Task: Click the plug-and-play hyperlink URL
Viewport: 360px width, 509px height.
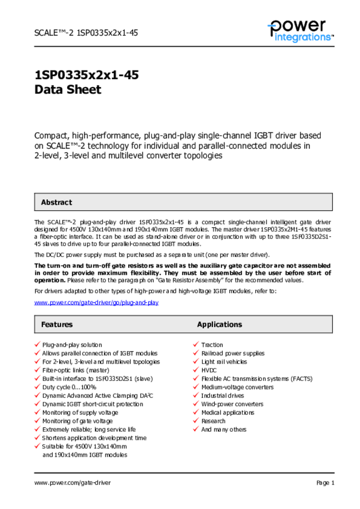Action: click(x=96, y=302)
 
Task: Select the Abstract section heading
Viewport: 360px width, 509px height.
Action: click(x=56, y=202)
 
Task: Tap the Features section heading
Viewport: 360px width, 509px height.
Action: click(x=57, y=325)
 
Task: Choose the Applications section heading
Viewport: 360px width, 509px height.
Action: click(x=219, y=325)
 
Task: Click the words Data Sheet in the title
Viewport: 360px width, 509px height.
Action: click(x=68, y=90)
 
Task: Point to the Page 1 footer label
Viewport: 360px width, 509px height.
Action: click(x=325, y=483)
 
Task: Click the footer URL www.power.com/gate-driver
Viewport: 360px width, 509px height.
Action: click(x=73, y=483)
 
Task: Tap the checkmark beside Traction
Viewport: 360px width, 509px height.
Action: click(x=196, y=344)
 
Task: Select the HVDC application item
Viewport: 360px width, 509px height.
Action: click(x=209, y=370)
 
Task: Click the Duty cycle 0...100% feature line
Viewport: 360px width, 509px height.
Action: click(x=69, y=387)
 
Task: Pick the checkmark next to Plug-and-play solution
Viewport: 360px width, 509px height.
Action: click(x=37, y=344)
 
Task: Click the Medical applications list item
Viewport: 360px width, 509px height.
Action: click(x=228, y=413)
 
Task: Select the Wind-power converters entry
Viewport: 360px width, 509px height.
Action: click(x=232, y=404)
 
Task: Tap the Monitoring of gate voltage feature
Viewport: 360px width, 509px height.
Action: click(x=78, y=421)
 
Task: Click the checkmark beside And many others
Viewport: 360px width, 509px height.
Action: click(x=196, y=429)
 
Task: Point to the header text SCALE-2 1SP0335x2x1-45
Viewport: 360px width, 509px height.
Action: click(x=86, y=33)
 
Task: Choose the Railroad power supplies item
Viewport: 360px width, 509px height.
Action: click(x=233, y=353)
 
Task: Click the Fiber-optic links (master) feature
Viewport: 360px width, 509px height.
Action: click(x=76, y=370)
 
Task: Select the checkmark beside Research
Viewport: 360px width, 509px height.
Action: click(x=196, y=421)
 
